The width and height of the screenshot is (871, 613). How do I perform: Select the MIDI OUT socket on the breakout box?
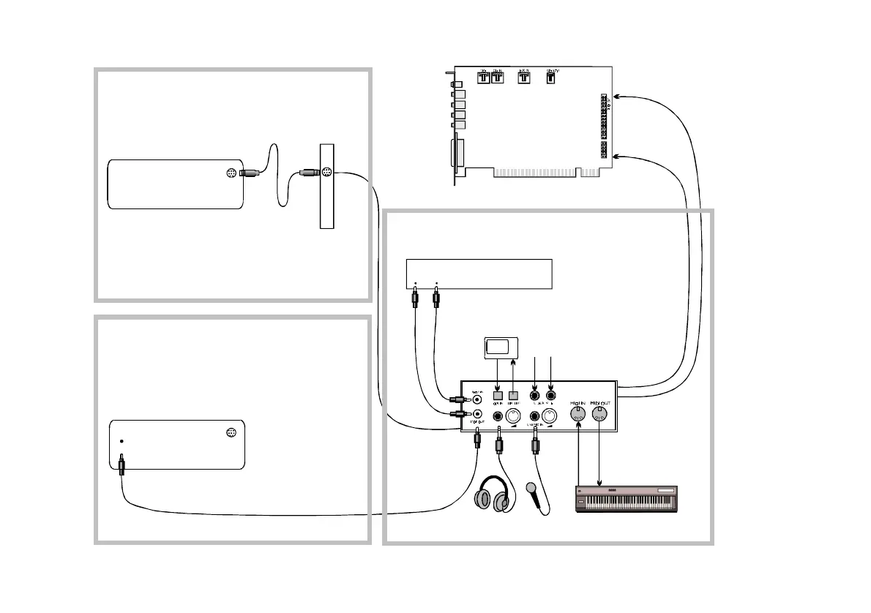pos(600,415)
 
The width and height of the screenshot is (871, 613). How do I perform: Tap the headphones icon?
pos(492,495)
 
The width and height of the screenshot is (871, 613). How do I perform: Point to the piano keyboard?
pos(627,499)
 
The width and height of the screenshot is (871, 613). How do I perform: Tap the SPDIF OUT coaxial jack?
pos(479,417)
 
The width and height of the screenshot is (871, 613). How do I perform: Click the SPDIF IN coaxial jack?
pos(479,399)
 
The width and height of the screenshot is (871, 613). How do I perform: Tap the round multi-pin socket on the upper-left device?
pos(231,173)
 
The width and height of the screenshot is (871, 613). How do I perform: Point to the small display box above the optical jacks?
pos(502,348)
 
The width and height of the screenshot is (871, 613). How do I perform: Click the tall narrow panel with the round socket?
pos(326,186)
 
